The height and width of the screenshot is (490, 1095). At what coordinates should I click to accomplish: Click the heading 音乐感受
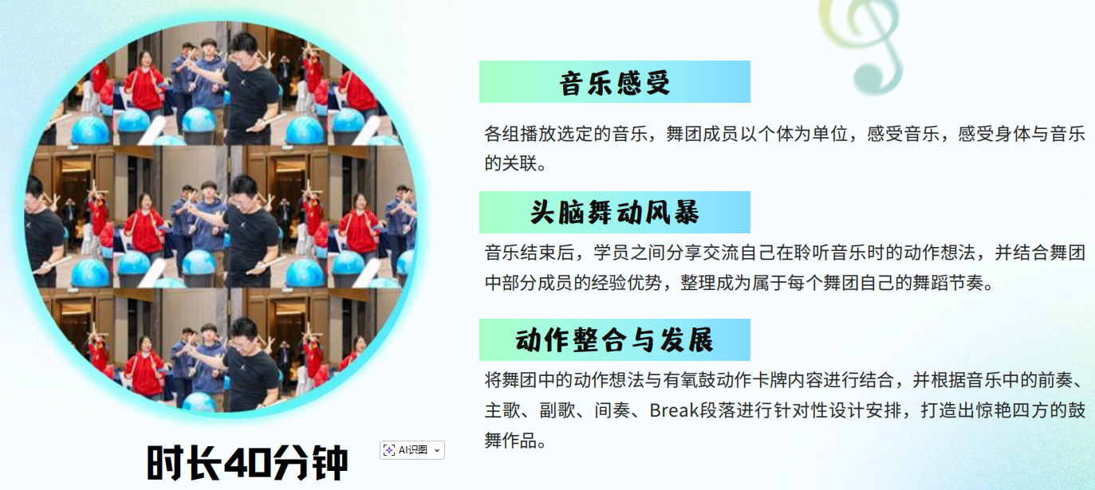click(614, 82)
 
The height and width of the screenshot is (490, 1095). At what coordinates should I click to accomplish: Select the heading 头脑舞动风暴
click(614, 213)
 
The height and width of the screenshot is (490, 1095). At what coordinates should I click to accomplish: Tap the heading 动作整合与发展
click(614, 340)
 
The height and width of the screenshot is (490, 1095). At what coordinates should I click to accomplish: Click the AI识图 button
click(412, 450)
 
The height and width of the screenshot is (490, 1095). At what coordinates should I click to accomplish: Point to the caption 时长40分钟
click(247, 462)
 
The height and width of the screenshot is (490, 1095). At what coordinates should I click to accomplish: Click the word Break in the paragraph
click(674, 410)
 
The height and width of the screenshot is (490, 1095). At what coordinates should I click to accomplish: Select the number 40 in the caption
click(247, 462)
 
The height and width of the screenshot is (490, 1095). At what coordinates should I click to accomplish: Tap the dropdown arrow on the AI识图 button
click(437, 450)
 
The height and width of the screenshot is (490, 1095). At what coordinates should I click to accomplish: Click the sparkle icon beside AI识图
click(389, 450)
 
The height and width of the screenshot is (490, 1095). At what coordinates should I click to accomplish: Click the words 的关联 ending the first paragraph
click(511, 163)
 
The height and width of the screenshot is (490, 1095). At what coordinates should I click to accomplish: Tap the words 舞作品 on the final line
click(511, 441)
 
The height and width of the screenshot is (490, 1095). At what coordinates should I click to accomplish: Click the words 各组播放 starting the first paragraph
click(520, 133)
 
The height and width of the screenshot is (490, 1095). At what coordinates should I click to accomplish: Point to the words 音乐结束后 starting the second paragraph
click(529, 253)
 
